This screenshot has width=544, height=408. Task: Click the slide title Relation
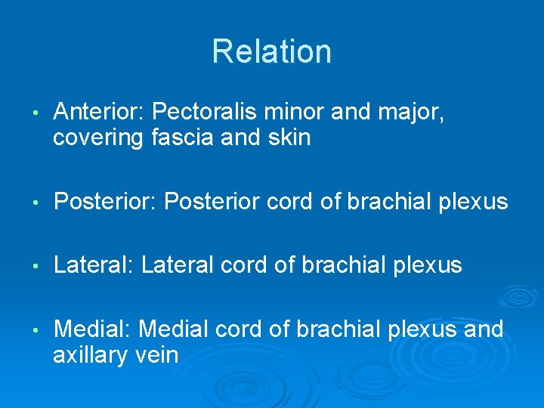271,51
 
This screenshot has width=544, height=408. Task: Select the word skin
288,138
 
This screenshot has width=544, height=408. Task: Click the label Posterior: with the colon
105,202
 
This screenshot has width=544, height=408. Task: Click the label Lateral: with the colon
94,265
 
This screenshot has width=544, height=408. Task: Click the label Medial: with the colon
93,329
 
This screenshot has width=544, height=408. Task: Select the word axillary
91,355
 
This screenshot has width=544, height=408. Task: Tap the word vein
156,354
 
